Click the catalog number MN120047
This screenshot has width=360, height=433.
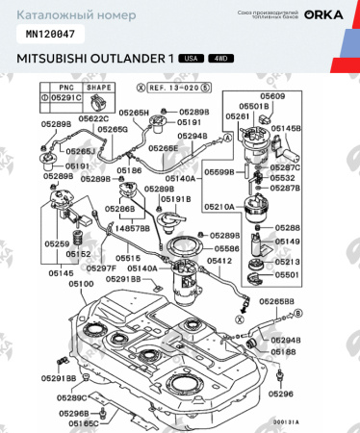(x=48, y=33)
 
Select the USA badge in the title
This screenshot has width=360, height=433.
(x=191, y=59)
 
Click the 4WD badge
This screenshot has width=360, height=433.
(x=219, y=59)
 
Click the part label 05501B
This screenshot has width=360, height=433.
(x=271, y=106)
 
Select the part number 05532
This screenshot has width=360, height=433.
(x=282, y=178)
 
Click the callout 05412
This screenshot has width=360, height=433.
(x=219, y=261)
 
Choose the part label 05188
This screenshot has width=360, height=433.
(x=282, y=353)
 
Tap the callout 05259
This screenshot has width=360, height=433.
(x=57, y=244)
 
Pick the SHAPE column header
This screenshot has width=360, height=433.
(x=100, y=87)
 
